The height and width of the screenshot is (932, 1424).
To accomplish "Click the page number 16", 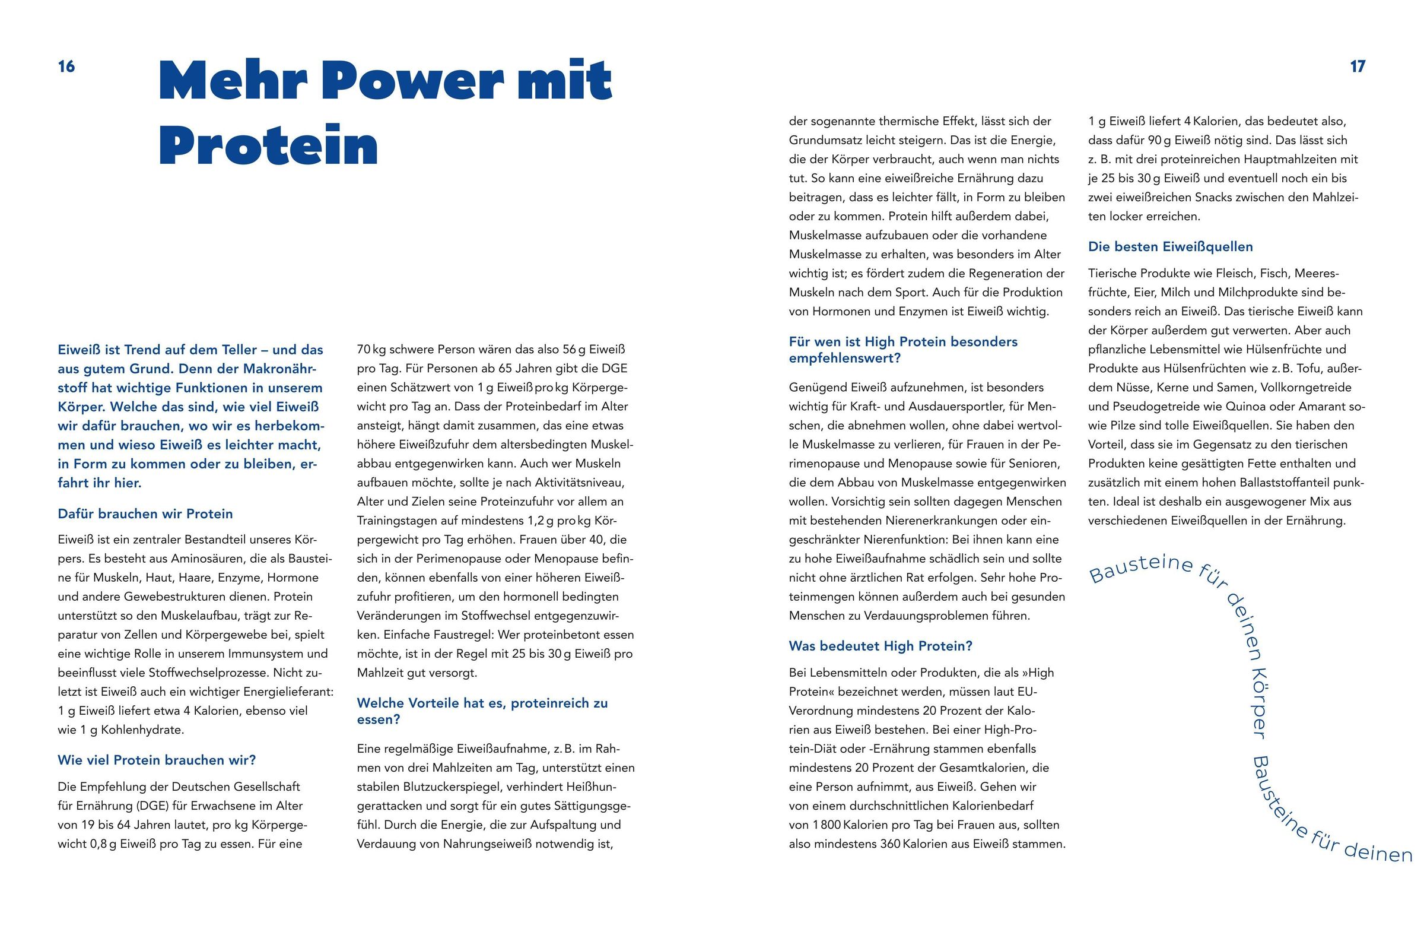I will tap(66, 66).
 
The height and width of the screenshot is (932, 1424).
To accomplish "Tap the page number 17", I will tap(1358, 66).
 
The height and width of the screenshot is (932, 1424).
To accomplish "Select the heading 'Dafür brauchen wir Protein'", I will tap(145, 513).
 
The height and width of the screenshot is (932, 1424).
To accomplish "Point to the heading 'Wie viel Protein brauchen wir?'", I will tap(157, 760).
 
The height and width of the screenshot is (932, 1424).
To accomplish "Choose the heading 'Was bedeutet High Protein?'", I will tap(881, 646).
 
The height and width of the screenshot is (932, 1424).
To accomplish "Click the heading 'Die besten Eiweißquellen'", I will tap(1170, 246).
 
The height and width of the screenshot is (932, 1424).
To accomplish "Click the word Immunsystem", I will tap(288, 654).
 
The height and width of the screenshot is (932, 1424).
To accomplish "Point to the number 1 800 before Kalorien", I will tap(822, 825).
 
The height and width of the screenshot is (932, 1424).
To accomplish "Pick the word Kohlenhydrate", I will tap(142, 730).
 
